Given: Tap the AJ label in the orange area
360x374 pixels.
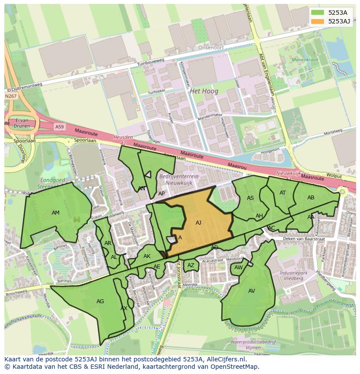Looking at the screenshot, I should click(x=198, y=223).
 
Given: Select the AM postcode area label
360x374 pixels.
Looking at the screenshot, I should click(x=56, y=213).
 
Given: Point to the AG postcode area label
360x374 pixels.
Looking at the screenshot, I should click(x=100, y=301).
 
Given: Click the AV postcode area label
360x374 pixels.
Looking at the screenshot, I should click(x=252, y=291).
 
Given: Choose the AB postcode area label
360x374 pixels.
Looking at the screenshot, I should click(x=311, y=198).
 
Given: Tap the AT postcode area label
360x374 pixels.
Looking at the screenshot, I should click(x=283, y=193).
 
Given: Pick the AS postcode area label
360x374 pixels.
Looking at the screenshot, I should click(x=250, y=198).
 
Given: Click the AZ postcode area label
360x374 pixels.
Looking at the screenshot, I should click(x=191, y=265).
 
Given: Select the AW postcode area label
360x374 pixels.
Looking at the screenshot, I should click(x=238, y=268).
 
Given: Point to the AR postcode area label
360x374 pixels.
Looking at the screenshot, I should click(x=108, y=243).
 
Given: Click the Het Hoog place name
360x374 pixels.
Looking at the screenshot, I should click(x=204, y=91).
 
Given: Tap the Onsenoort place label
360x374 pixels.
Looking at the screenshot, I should click(x=210, y=48).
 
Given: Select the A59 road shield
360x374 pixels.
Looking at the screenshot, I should click(x=59, y=126).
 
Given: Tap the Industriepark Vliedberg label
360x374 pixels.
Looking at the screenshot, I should click(x=291, y=275).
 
